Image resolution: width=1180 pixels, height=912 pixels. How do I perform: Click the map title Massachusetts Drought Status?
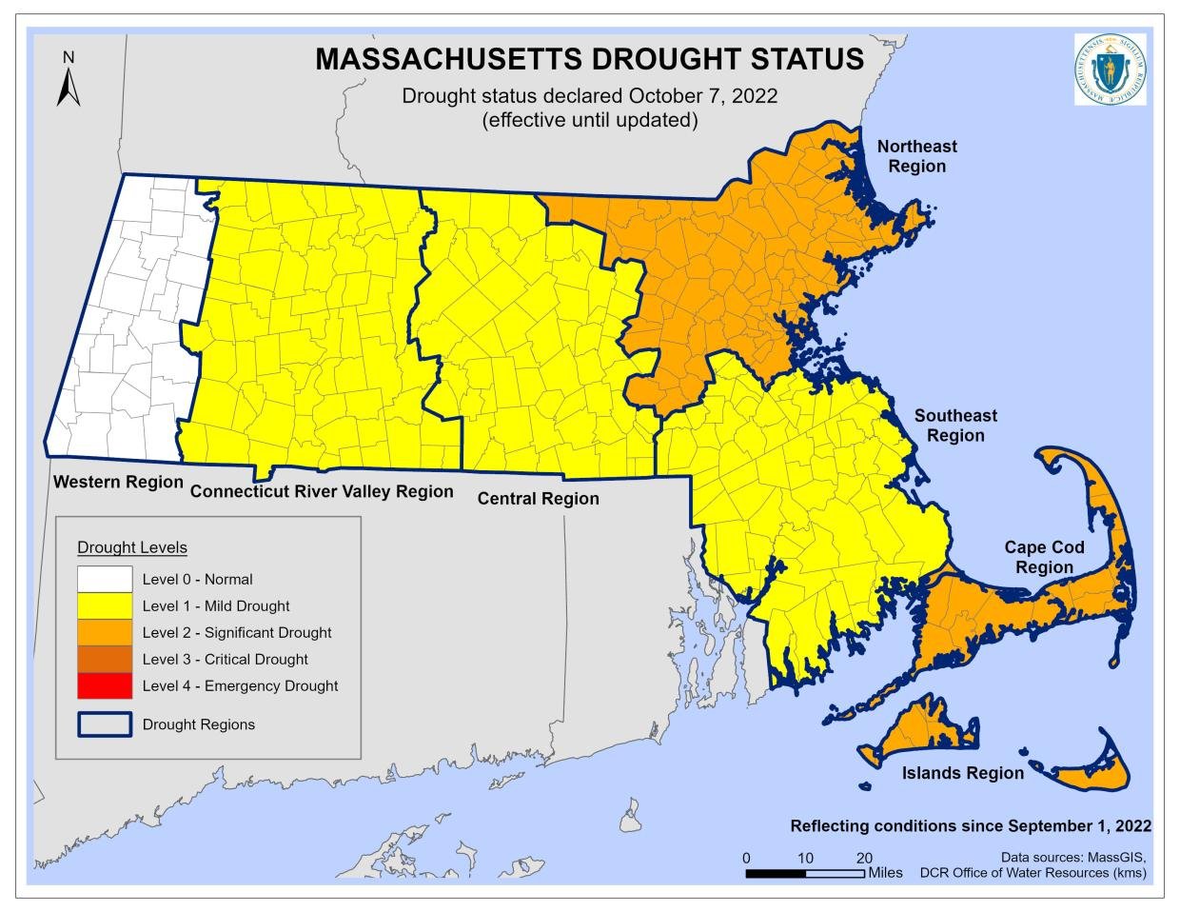(589, 59)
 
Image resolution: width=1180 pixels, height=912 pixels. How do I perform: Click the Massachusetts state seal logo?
(1110, 69)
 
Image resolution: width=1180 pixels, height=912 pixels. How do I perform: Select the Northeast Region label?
(916, 156)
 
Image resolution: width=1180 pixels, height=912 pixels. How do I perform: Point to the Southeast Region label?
(955, 426)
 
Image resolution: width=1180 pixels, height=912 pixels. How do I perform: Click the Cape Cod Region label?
(1044, 557)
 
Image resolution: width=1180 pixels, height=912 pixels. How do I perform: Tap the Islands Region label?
(962, 773)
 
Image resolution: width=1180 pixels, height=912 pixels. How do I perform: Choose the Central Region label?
(538, 499)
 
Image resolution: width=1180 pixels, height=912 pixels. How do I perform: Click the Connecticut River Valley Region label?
(322, 492)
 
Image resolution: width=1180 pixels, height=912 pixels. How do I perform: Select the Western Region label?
(118, 482)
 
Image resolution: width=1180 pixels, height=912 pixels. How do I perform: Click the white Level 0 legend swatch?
(105, 579)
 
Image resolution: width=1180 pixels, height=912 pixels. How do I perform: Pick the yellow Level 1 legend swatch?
(105, 605)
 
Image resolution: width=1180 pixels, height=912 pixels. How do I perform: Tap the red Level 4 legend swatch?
(105, 685)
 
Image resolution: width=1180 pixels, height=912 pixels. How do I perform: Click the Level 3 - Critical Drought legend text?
(225, 659)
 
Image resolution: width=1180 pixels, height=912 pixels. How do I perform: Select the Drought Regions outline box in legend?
(105, 724)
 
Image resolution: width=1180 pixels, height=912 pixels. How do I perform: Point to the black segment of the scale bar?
(775, 873)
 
